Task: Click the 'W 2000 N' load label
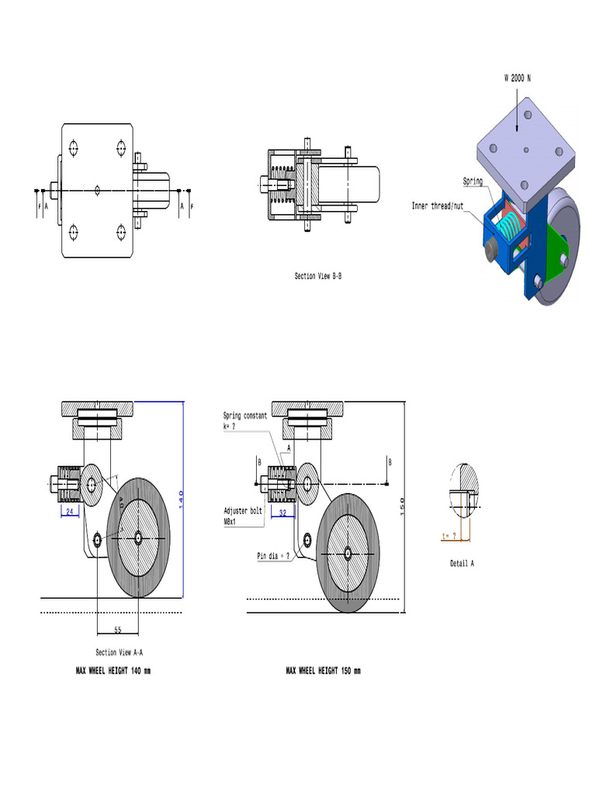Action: (x=517, y=78)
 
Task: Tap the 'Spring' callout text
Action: (x=473, y=181)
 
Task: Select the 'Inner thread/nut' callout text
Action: (x=436, y=206)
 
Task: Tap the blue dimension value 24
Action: (x=69, y=512)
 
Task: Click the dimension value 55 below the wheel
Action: (x=117, y=629)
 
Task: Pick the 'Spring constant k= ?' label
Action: (x=244, y=420)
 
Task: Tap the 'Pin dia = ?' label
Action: (x=273, y=556)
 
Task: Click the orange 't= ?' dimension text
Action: (x=448, y=535)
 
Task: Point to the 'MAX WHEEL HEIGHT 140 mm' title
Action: (x=113, y=671)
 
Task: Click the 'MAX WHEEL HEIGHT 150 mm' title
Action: (x=323, y=671)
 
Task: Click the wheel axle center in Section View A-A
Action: (x=137, y=537)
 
